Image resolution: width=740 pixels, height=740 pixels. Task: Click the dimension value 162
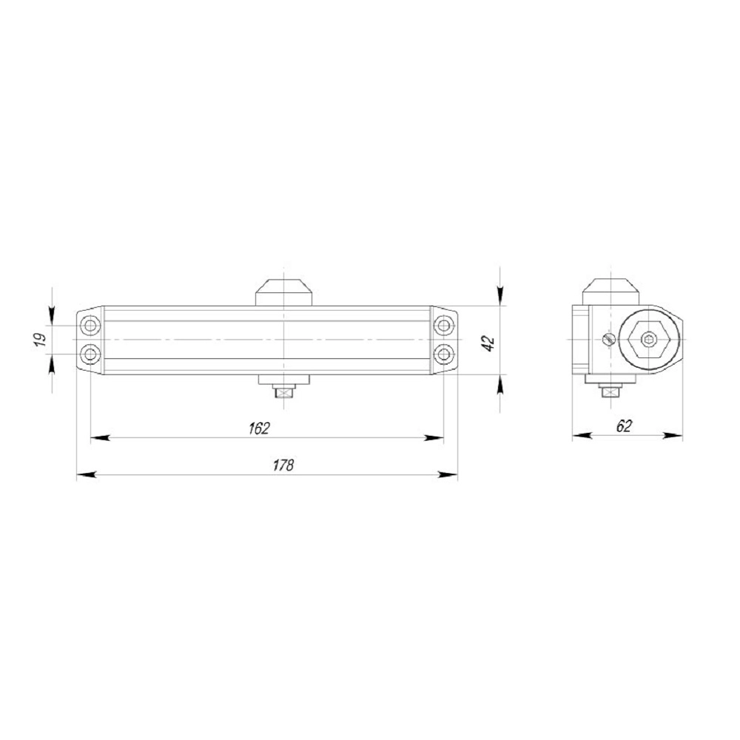[x=260, y=428]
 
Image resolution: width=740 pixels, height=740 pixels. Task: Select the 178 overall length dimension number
[x=283, y=465]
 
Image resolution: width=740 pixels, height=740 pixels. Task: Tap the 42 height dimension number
[x=488, y=341]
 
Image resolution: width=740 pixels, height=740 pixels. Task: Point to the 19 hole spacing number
[x=41, y=340]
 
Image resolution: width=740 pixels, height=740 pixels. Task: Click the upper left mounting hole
[x=90, y=325]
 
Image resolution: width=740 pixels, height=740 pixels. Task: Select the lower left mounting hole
[x=90, y=354]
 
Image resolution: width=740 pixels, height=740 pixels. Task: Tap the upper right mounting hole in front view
[x=443, y=325]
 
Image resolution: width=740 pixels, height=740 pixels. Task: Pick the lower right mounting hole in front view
[x=443, y=354]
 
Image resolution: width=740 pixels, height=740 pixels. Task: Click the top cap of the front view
[x=283, y=292]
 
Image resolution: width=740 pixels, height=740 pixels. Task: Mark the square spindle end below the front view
[x=283, y=391]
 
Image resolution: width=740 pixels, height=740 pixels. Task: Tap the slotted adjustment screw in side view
[x=608, y=339]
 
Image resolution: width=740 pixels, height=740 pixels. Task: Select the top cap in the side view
[x=610, y=290]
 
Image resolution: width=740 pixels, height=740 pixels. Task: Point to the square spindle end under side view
[x=610, y=391]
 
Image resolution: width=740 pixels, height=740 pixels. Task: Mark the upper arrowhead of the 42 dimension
[x=501, y=297]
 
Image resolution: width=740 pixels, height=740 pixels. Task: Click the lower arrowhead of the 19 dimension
[x=51, y=362]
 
